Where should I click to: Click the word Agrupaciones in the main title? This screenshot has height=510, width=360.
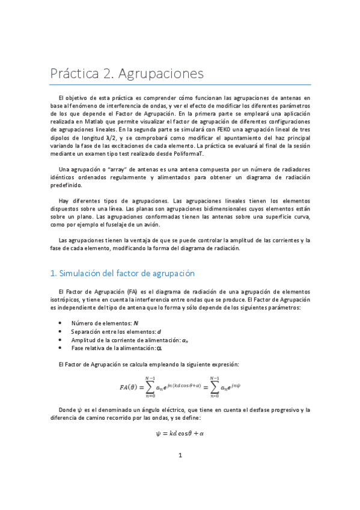[161, 75]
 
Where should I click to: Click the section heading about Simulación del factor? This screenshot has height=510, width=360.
[123, 273]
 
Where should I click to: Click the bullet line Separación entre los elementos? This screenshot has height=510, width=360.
[115, 331]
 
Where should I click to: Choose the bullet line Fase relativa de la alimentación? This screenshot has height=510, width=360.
[117, 348]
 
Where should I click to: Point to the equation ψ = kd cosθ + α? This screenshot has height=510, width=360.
[180, 433]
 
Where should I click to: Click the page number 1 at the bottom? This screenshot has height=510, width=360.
[180, 472]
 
